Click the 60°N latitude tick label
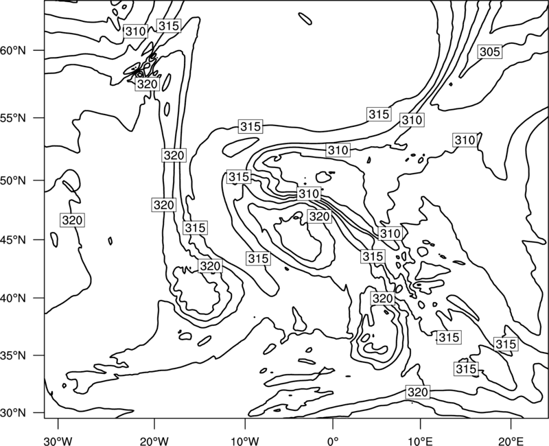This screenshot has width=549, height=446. click(13, 50)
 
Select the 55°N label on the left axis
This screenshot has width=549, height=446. click(13, 118)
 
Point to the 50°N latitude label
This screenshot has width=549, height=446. click(13, 180)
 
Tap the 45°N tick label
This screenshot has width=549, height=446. click(13, 239)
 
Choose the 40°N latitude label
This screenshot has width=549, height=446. click(13, 298)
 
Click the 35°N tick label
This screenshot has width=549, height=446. click(13, 355)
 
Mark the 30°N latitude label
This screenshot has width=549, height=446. click(13, 413)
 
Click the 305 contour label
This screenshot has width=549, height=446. click(489, 52)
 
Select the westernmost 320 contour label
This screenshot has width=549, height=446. click(72, 220)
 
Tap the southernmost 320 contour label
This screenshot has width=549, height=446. click(418, 392)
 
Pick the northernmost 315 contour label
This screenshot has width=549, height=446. click(169, 25)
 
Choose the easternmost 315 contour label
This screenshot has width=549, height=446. click(506, 344)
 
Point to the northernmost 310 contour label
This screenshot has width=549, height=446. click(135, 32)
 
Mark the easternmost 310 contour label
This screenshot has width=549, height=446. click(465, 141)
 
